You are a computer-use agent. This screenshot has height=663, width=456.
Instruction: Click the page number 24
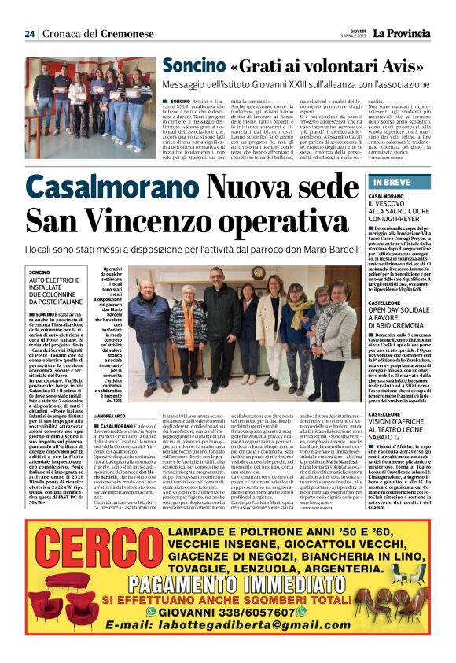(x=29, y=33)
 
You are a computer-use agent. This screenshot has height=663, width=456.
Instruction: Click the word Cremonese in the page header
(x=122, y=34)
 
